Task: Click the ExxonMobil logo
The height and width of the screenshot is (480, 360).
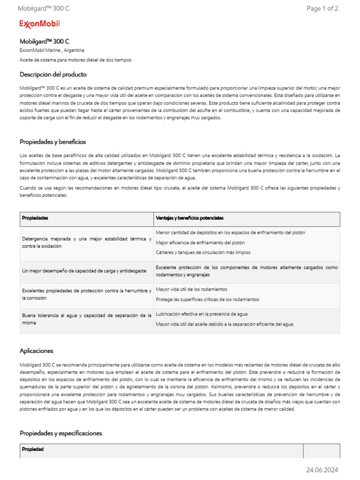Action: tap(39, 24)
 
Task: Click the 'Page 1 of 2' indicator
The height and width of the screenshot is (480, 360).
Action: tap(322, 8)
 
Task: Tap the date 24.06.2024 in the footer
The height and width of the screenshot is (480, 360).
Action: tap(322, 470)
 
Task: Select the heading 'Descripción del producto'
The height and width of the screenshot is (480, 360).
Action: tap(53, 75)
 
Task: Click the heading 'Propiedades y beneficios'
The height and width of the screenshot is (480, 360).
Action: tap(52, 142)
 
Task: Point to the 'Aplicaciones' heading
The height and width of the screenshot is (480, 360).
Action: tap(37, 351)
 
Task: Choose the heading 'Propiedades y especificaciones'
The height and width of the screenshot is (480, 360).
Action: tap(60, 433)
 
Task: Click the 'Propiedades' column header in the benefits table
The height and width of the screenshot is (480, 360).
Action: tap(35, 218)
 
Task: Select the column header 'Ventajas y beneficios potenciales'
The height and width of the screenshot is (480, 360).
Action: tap(189, 218)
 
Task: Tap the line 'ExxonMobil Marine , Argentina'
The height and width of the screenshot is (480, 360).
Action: tap(52, 50)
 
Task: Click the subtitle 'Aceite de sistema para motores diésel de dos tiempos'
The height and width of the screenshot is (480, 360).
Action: tap(75, 60)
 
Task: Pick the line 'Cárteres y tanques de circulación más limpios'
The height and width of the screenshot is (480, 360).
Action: tap(203, 253)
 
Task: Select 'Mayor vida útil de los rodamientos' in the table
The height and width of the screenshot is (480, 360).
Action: tap(191, 289)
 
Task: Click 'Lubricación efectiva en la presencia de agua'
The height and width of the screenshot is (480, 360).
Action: tap(202, 314)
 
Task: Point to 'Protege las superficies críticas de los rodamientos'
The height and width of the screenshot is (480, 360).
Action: tap(207, 299)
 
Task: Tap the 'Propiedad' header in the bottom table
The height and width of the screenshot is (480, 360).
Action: tap(32, 449)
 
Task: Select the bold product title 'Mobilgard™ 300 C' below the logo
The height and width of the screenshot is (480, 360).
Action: tap(45, 41)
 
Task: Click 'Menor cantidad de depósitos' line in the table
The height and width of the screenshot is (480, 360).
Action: tap(230, 232)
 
